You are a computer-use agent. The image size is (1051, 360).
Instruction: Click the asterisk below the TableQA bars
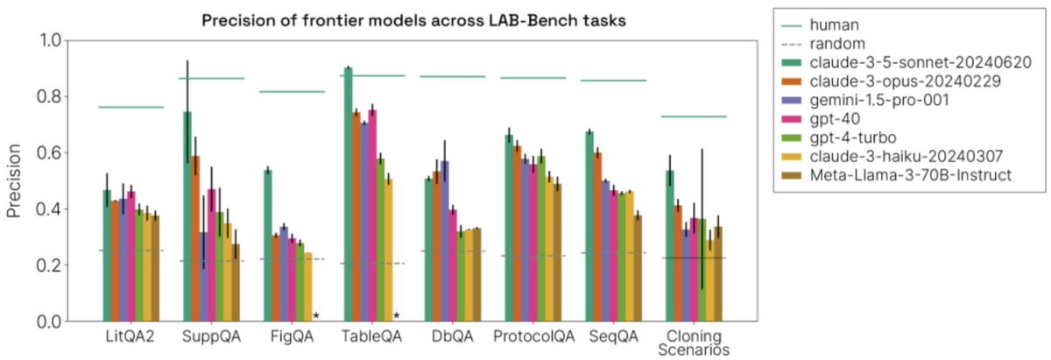[x=396, y=316]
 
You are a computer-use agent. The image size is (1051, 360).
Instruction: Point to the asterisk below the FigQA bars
[x=315, y=316]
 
